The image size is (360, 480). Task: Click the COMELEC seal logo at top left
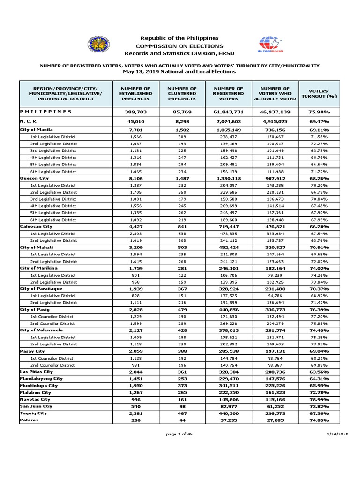[x=98, y=45]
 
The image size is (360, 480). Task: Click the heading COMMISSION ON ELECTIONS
[x=180, y=46]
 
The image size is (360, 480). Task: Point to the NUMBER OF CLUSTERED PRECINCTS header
[x=182, y=93]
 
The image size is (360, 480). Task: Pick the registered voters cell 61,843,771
[x=228, y=112]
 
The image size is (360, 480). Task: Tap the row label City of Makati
[x=36, y=247]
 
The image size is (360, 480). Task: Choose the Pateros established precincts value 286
[x=136, y=420]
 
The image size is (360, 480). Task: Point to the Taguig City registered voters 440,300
[x=228, y=413]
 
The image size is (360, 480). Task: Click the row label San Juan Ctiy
[x=36, y=406]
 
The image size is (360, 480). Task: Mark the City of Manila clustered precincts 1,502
[x=182, y=129]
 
